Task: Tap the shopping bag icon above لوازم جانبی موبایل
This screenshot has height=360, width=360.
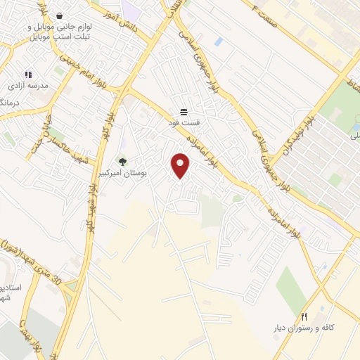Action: tap(58, 15)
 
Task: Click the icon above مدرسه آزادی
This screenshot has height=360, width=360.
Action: tap(28, 74)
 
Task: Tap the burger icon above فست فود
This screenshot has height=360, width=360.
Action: tap(184, 111)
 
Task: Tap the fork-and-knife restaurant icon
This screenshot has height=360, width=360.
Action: tap(304, 316)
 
